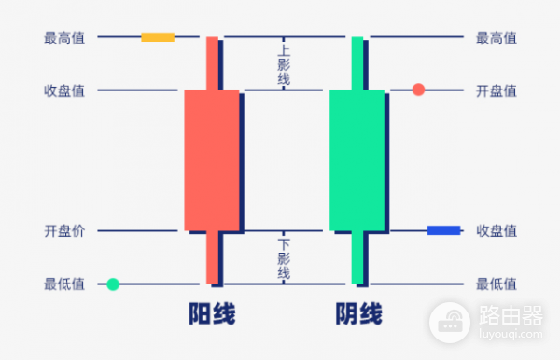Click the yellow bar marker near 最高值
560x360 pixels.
click(158, 37)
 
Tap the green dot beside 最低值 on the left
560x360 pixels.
click(113, 284)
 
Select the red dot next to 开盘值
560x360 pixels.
click(418, 90)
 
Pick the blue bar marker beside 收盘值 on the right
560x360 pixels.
click(443, 230)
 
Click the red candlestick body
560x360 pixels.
click(212, 159)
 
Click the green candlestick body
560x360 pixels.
click(357, 159)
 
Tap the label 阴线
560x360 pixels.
click(358, 315)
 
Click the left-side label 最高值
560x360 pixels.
click(64, 38)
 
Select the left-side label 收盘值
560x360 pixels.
click(64, 90)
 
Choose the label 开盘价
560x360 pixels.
click(64, 231)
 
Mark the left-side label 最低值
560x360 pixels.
click(64, 284)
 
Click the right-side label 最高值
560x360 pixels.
click(497, 38)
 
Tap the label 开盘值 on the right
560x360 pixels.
click(497, 90)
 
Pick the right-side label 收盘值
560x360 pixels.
click(497, 231)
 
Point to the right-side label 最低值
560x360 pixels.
click(497, 284)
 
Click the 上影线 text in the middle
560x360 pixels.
click(284, 64)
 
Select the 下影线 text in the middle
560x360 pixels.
click(284, 257)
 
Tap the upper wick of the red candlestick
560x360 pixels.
click(212, 62)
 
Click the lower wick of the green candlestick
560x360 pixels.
click(357, 257)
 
